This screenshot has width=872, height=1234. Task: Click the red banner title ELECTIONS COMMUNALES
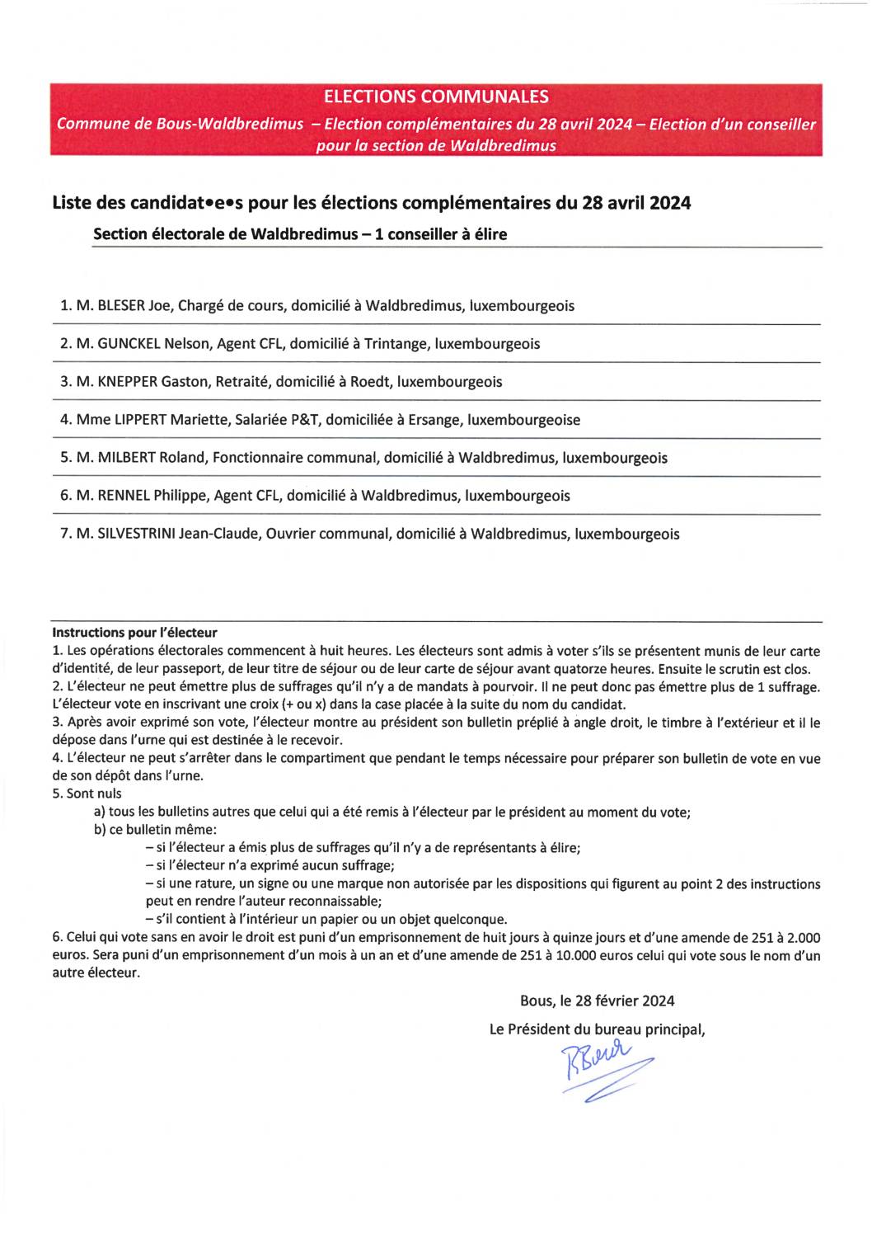436,97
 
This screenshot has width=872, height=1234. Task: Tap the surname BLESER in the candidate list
121,306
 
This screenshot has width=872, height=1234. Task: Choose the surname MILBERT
127,458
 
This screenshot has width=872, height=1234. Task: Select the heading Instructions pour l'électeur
134,633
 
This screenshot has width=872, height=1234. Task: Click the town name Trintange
395,344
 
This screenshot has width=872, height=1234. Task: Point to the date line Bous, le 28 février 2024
598,1001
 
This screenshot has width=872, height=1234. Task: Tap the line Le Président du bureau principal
598,1029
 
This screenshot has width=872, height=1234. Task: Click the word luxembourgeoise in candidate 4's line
524,420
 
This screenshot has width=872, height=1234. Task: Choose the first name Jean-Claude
223,534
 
